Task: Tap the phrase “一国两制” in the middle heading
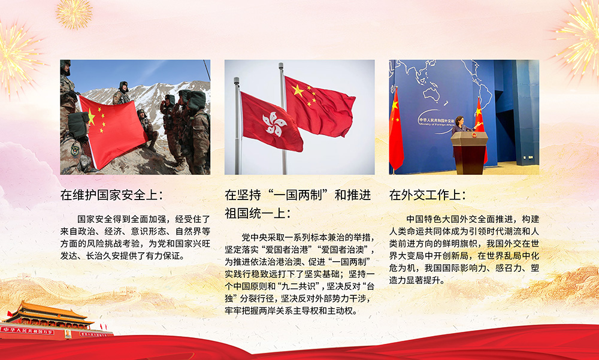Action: click(x=298, y=195)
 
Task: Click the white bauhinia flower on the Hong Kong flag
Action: click(x=274, y=124)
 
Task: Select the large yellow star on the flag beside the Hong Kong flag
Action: click(x=298, y=90)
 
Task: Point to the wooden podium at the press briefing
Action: click(x=469, y=152)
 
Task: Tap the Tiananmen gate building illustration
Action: click(x=50, y=320)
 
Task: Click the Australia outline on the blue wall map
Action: click(x=433, y=93)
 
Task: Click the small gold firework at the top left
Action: click(x=74, y=14)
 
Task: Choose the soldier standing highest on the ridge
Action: click(x=122, y=92)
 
